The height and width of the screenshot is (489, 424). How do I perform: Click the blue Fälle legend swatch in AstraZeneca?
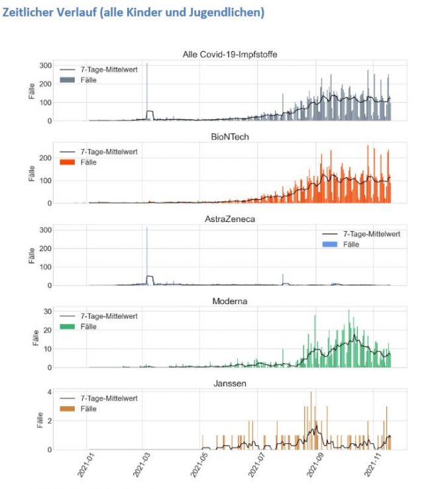332,244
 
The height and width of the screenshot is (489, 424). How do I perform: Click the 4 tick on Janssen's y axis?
48,392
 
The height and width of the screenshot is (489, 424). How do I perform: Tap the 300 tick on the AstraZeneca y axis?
44,229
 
